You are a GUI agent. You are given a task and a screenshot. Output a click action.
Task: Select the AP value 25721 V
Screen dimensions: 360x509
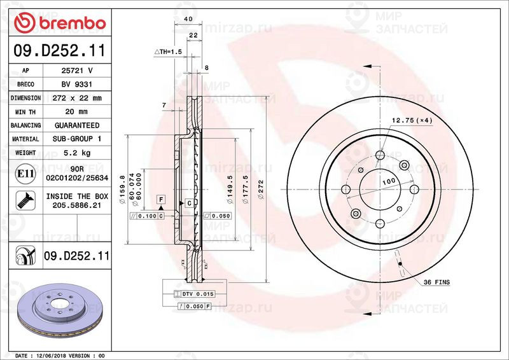76,71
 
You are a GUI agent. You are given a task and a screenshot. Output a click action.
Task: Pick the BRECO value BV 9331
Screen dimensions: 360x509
76,85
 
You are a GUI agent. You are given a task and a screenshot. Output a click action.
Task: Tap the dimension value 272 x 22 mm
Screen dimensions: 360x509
76,98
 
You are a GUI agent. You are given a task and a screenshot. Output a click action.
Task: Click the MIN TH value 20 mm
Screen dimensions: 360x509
76,112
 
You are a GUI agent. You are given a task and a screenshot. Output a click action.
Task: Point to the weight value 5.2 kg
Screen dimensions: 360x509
76,153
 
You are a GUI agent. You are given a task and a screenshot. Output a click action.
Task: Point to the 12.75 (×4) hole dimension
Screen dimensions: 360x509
411,120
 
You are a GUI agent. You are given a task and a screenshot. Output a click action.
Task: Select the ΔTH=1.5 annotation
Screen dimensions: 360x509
168,51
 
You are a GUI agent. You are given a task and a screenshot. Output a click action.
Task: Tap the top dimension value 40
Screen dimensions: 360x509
188,20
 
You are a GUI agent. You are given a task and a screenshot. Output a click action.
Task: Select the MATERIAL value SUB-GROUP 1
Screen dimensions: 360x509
76,139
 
